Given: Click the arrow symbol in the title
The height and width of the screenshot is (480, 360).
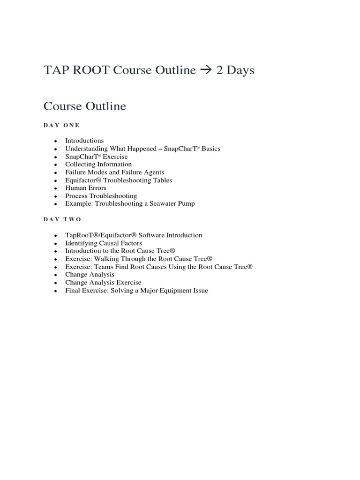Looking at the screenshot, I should (x=205, y=70).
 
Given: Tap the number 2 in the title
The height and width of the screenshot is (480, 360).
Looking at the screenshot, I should (x=219, y=70).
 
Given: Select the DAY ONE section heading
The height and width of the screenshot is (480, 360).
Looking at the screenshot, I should (x=61, y=125).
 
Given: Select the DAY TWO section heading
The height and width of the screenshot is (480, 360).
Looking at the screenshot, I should (x=62, y=219).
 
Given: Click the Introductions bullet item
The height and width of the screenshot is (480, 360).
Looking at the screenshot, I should (x=84, y=141).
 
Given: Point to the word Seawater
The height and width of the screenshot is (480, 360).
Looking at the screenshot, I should (x=160, y=203).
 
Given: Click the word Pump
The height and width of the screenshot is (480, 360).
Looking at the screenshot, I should (x=186, y=203).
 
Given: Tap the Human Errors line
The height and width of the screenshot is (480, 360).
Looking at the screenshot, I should (x=86, y=188).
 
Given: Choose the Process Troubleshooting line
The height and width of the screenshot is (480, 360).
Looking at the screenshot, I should (x=101, y=196).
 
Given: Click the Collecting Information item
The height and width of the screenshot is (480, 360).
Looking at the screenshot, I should (x=98, y=165).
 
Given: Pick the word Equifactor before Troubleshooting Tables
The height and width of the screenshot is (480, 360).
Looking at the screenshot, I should (x=82, y=180).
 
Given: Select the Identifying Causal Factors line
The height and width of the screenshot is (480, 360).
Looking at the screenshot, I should (x=104, y=243).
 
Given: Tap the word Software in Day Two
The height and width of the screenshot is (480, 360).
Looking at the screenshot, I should (x=152, y=235).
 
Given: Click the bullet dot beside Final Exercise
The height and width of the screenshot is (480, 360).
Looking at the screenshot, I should (x=55, y=291).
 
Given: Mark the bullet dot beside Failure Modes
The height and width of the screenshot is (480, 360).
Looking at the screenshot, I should (x=55, y=173).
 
